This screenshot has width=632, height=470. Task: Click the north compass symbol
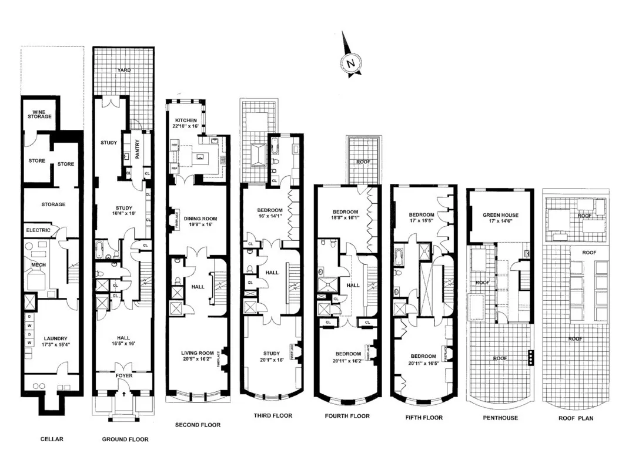click(x=352, y=62)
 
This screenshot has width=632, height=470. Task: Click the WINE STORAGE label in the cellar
click(x=39, y=113)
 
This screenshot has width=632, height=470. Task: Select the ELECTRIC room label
click(x=38, y=230)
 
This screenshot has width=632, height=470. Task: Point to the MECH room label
click(x=38, y=265)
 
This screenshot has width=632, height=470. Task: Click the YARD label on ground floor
click(x=123, y=70)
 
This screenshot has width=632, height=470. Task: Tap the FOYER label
click(x=124, y=375)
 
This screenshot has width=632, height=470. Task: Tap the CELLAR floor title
click(x=52, y=439)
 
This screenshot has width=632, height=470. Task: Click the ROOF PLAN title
click(x=576, y=418)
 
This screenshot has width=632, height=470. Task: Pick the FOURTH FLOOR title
click(x=347, y=416)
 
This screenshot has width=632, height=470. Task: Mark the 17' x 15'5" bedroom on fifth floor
click(x=423, y=219)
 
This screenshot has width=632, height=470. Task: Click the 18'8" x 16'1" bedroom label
click(x=345, y=215)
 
